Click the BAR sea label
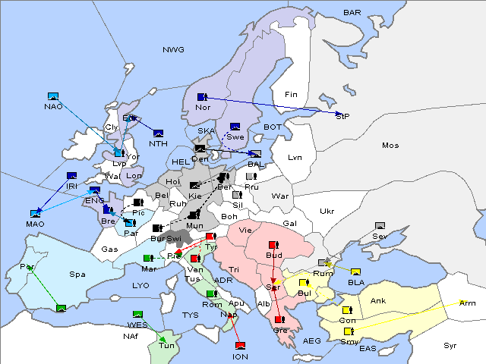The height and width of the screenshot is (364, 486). click(x=352, y=12)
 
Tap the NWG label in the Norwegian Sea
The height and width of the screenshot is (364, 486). click(x=173, y=49)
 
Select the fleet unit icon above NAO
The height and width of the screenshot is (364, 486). click(x=53, y=96)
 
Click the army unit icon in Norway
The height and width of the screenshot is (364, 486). click(x=202, y=97)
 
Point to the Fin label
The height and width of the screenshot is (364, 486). click(x=289, y=94)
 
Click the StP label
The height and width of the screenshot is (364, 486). click(x=342, y=116)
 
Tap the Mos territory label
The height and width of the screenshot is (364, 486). click(x=390, y=145)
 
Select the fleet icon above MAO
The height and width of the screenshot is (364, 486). click(x=35, y=214)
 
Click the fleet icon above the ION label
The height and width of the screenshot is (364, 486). click(x=240, y=346)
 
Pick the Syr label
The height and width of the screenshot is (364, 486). click(x=450, y=345)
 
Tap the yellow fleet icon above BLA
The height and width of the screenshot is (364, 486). click(x=355, y=272)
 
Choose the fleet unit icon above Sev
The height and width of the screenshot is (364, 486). click(x=380, y=226)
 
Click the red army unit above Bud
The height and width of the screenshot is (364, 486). click(x=274, y=244)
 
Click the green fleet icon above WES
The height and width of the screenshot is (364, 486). click(x=137, y=315)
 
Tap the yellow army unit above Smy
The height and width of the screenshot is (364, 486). click(x=348, y=331)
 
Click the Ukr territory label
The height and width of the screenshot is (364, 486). click(x=327, y=211)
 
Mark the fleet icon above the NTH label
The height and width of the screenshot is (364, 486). click(x=159, y=133)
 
